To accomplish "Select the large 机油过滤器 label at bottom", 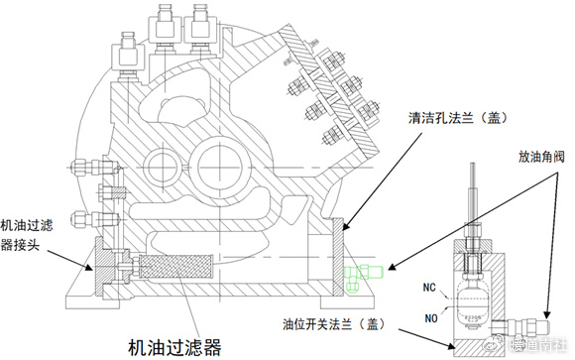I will (173, 346).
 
